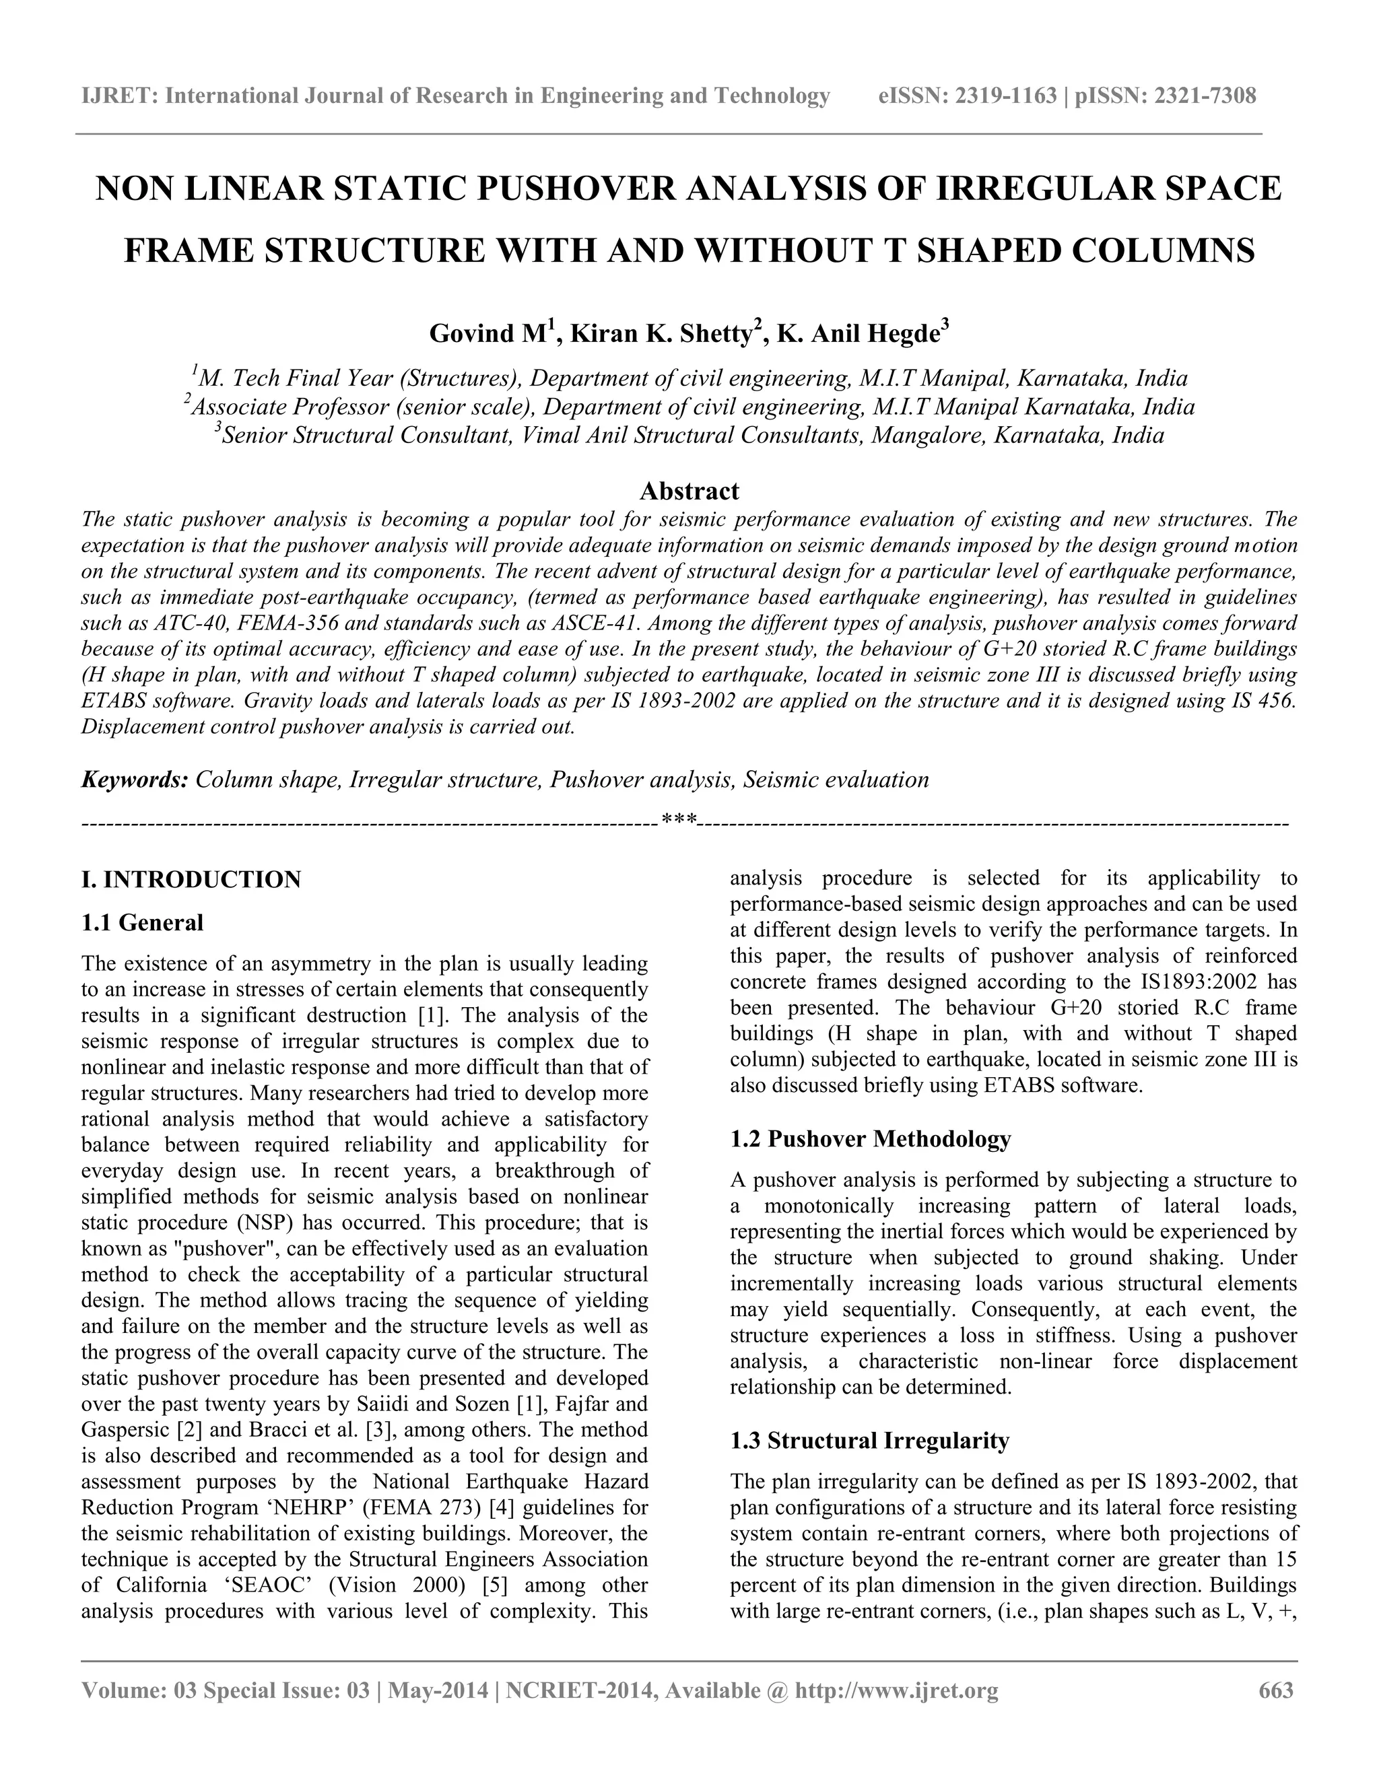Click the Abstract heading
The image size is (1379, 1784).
point(689,491)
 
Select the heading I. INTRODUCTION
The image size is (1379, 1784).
point(191,880)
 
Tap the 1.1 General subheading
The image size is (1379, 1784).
point(142,923)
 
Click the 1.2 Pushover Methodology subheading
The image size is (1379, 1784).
point(870,1138)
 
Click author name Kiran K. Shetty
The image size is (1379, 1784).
point(661,334)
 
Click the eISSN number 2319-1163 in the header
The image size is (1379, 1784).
point(1006,96)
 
